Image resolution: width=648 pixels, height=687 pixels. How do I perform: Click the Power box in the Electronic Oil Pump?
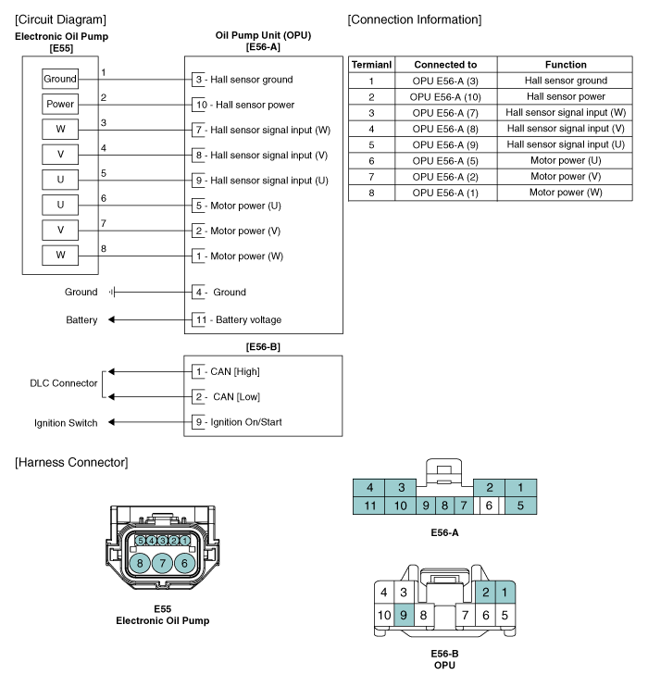pos(60,104)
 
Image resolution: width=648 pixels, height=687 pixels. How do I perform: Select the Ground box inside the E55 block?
pos(60,79)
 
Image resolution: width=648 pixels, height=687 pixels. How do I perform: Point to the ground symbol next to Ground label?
pos(112,292)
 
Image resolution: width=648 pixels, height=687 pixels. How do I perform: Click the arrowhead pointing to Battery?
pos(111,319)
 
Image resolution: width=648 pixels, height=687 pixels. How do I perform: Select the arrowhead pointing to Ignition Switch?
pos(111,422)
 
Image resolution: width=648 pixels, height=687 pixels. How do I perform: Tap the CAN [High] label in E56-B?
pos(235,372)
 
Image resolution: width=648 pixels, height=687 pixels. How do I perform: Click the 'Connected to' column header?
pos(445,65)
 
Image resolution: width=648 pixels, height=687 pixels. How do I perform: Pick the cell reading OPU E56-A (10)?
pos(445,97)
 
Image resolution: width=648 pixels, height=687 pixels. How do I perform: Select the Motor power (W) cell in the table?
pos(566,193)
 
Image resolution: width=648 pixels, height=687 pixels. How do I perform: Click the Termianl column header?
pos(371,65)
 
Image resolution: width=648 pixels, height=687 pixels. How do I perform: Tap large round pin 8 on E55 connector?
pos(140,563)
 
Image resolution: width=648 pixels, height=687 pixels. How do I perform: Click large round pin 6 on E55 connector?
pos(184,563)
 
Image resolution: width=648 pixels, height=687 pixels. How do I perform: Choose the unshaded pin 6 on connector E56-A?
pos(489,506)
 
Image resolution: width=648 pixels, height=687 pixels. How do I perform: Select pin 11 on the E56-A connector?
pos(369,506)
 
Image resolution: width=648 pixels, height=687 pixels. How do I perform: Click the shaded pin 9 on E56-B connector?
pos(404,615)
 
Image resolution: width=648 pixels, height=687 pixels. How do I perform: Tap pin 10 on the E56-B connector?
pos(384,615)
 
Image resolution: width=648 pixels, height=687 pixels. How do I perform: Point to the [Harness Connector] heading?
pos(71,463)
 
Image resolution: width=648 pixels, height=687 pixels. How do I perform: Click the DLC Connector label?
pos(64,383)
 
